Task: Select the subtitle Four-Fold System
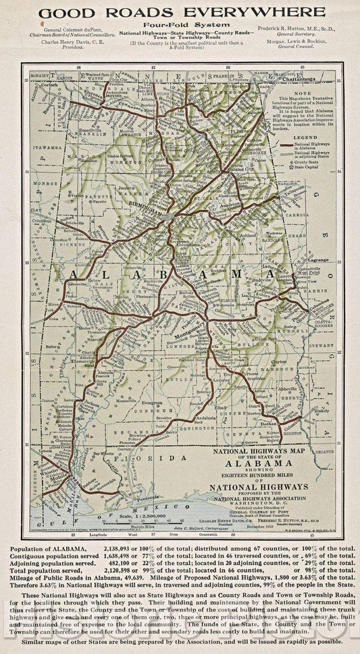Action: pos(180,24)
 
